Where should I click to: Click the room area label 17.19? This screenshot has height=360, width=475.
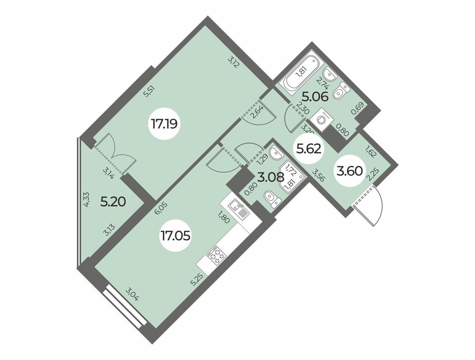point(164,124)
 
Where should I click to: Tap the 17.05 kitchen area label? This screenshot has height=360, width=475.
point(175,236)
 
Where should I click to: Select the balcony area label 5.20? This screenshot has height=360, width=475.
point(113,202)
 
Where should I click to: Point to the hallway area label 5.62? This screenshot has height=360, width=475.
point(308,149)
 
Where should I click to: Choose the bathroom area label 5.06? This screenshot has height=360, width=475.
point(315,97)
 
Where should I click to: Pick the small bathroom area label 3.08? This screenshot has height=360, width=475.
point(271,177)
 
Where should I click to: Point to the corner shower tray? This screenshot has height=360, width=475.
point(292,179)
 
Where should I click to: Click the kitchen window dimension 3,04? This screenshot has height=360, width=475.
point(132,294)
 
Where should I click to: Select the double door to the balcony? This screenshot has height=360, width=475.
point(115,154)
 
